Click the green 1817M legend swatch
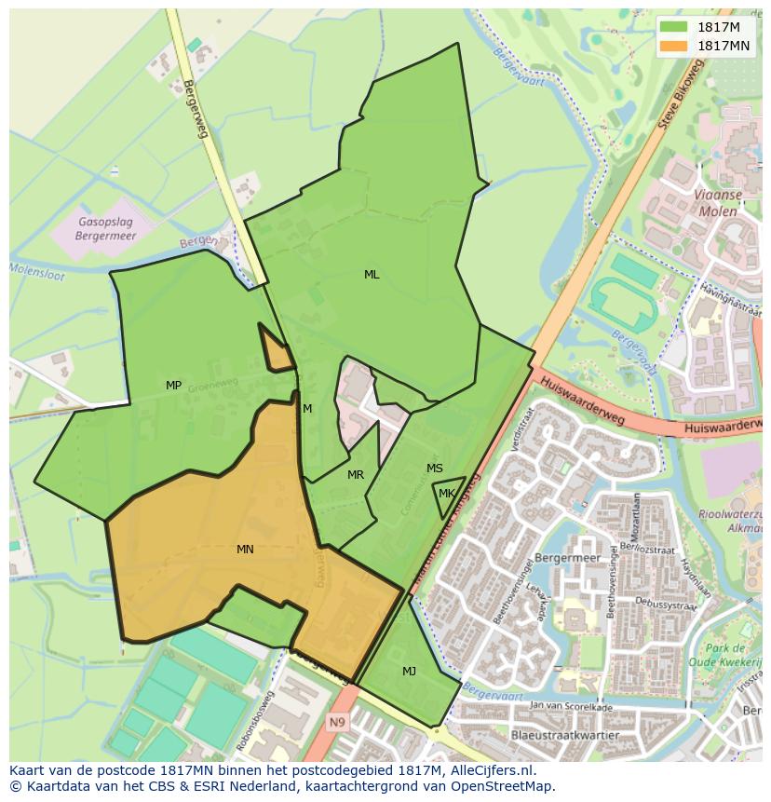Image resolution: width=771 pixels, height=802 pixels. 674,27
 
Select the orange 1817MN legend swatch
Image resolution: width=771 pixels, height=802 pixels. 674,45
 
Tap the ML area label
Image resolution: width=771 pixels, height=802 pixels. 372,275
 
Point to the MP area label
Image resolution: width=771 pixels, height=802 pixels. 173,386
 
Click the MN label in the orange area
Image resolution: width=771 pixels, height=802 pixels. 245,550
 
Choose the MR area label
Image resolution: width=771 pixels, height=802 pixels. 356,475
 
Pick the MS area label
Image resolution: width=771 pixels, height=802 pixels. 435,469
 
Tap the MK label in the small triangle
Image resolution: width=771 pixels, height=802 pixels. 447,494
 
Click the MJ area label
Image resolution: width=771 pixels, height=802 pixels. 410,671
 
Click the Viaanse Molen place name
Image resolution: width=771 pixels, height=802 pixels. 716,203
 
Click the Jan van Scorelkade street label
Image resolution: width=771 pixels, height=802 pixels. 571,707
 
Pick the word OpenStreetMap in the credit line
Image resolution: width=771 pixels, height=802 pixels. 504,786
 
